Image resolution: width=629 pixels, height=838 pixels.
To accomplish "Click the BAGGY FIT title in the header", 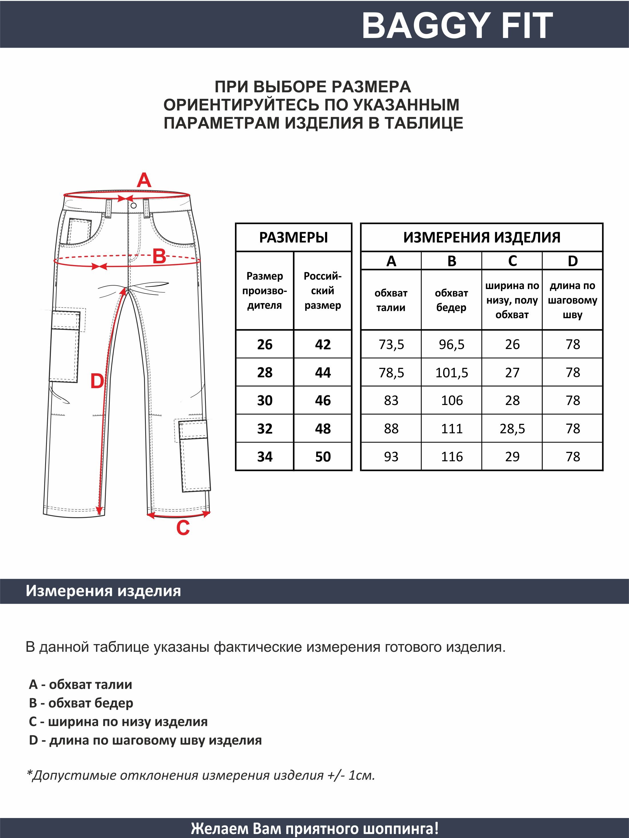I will coord(457,25).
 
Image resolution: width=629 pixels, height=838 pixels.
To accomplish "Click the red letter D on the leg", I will coord(97,381).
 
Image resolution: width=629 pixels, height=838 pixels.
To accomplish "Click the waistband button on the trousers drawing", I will coord(134,206).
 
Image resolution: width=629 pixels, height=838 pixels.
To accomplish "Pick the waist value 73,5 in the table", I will coord(391,344).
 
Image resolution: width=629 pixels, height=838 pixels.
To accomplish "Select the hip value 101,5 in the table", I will coord(451,373).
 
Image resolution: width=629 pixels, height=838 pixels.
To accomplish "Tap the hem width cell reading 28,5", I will coord(512,429).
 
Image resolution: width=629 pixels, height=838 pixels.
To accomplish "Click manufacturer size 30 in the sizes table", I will coord(265,400).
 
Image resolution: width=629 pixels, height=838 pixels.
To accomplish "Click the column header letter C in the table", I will coord(512,261).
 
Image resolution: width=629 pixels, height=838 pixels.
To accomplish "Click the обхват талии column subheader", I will coord(391,300).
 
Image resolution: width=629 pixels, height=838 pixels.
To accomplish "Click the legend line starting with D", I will coord(145,740).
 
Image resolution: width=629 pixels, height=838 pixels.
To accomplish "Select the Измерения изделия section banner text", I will coord(103,591).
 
